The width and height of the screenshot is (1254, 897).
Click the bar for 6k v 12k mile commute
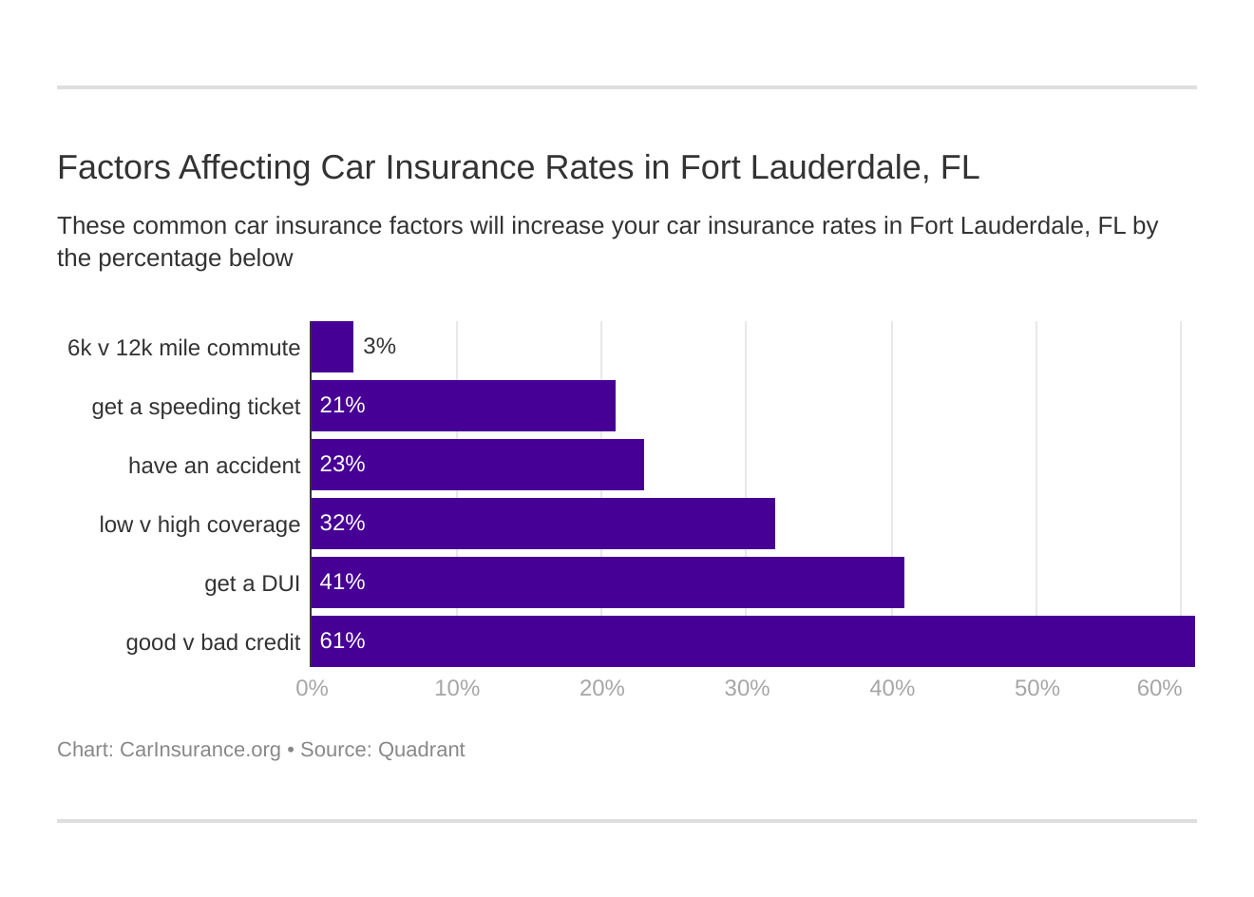click(332, 347)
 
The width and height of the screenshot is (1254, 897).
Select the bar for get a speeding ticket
click(464, 406)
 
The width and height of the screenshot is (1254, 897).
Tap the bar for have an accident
click(478, 465)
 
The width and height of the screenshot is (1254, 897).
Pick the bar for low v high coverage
click(543, 524)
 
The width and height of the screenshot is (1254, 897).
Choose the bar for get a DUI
click(608, 582)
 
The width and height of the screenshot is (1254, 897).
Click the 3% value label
click(379, 347)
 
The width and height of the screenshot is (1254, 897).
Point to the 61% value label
click(342, 641)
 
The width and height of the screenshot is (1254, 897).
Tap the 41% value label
click(342, 582)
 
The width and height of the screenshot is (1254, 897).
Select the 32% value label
click(342, 524)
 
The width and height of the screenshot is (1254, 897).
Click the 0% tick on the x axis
click(312, 688)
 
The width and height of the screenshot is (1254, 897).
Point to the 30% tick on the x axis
click(747, 688)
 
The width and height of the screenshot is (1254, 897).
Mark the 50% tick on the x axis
click(1036, 688)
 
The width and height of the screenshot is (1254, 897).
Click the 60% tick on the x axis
click(1159, 688)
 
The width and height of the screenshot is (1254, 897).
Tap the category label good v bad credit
click(213, 643)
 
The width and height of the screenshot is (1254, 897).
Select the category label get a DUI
click(252, 584)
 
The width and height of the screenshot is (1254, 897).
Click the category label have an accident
click(214, 467)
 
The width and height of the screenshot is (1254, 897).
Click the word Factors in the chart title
click(113, 167)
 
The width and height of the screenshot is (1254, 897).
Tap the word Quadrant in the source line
click(421, 750)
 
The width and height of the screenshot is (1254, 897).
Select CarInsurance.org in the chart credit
click(199, 750)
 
